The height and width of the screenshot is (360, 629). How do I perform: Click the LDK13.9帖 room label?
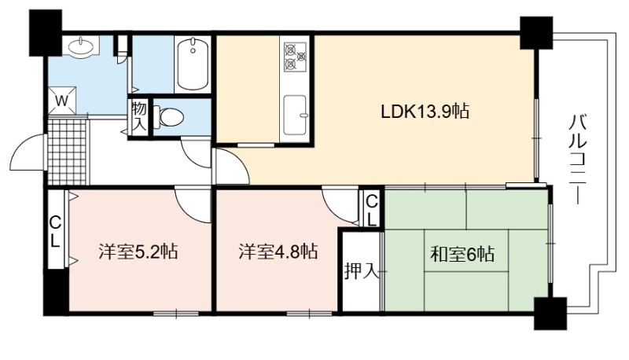pyautogui.click(x=425, y=111)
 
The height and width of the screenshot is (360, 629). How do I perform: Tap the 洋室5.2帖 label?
pyautogui.click(x=138, y=252)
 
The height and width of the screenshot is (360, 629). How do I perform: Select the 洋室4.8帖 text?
pyautogui.click(x=278, y=252)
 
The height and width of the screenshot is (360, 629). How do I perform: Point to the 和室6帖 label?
pyautogui.click(x=462, y=254)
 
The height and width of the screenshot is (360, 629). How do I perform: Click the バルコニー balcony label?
pyautogui.click(x=578, y=159)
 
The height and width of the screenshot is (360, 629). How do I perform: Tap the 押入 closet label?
pyautogui.click(x=362, y=272)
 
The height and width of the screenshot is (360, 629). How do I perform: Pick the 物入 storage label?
pyautogui.click(x=139, y=116)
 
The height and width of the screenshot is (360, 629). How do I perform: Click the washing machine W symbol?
pyautogui.click(x=61, y=101)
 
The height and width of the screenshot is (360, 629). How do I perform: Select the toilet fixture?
pyautogui.click(x=168, y=117)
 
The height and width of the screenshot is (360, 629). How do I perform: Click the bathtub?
pyautogui.click(x=193, y=64)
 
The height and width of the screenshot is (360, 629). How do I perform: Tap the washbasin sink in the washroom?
pyautogui.click(x=82, y=45)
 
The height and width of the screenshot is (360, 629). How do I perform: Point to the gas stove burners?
pyautogui.click(x=295, y=57)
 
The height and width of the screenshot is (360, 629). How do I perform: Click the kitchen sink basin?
pyautogui.click(x=296, y=115)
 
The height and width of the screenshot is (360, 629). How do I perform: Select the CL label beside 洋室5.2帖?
pyautogui.click(x=54, y=232)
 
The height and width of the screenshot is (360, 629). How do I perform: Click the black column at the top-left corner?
pyautogui.click(x=46, y=32)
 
